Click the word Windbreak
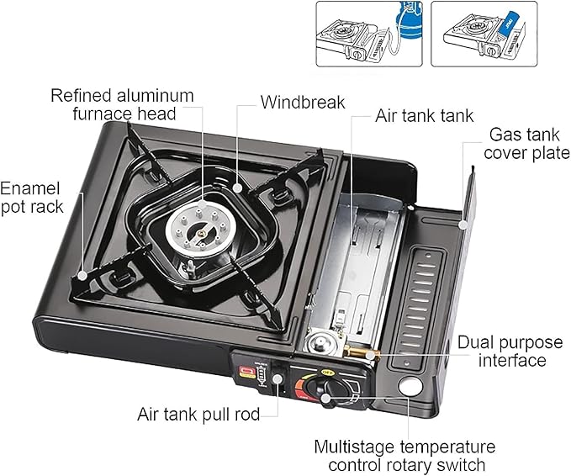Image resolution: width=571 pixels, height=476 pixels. coord(303,103)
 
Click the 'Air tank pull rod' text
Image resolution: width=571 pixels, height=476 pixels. coord(198,414)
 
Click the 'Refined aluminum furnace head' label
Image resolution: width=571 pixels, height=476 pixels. coord(122,103)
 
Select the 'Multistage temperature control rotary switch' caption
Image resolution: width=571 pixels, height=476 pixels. coord(404,455)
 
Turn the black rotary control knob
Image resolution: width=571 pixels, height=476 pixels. coord(319,389)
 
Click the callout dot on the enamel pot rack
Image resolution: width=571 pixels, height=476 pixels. coord(82,275)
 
